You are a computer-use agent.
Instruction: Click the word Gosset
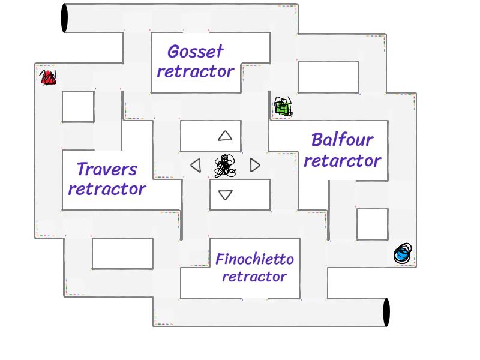[196, 52]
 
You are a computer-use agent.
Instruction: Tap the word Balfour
[342, 140]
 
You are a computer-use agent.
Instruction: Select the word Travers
[107, 170]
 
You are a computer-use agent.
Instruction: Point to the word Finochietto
[254, 260]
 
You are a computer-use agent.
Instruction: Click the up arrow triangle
[225, 136]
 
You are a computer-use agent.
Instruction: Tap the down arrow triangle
[226, 194]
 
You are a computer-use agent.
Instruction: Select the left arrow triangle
[196, 165]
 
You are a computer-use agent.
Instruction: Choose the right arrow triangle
[255, 165]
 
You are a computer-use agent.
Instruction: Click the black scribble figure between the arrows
[225, 166]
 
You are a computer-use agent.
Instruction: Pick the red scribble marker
[48, 77]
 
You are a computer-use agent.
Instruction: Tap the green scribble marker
[283, 107]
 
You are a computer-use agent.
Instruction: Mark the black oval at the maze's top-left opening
[64, 18]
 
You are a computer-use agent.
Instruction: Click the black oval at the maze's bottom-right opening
[386, 312]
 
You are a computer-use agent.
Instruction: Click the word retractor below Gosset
[196, 71]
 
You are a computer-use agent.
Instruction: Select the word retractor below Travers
[107, 189]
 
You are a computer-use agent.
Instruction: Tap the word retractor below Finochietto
[254, 277]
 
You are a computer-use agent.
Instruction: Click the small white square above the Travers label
[78, 106]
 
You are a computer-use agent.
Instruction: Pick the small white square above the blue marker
[372, 224]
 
